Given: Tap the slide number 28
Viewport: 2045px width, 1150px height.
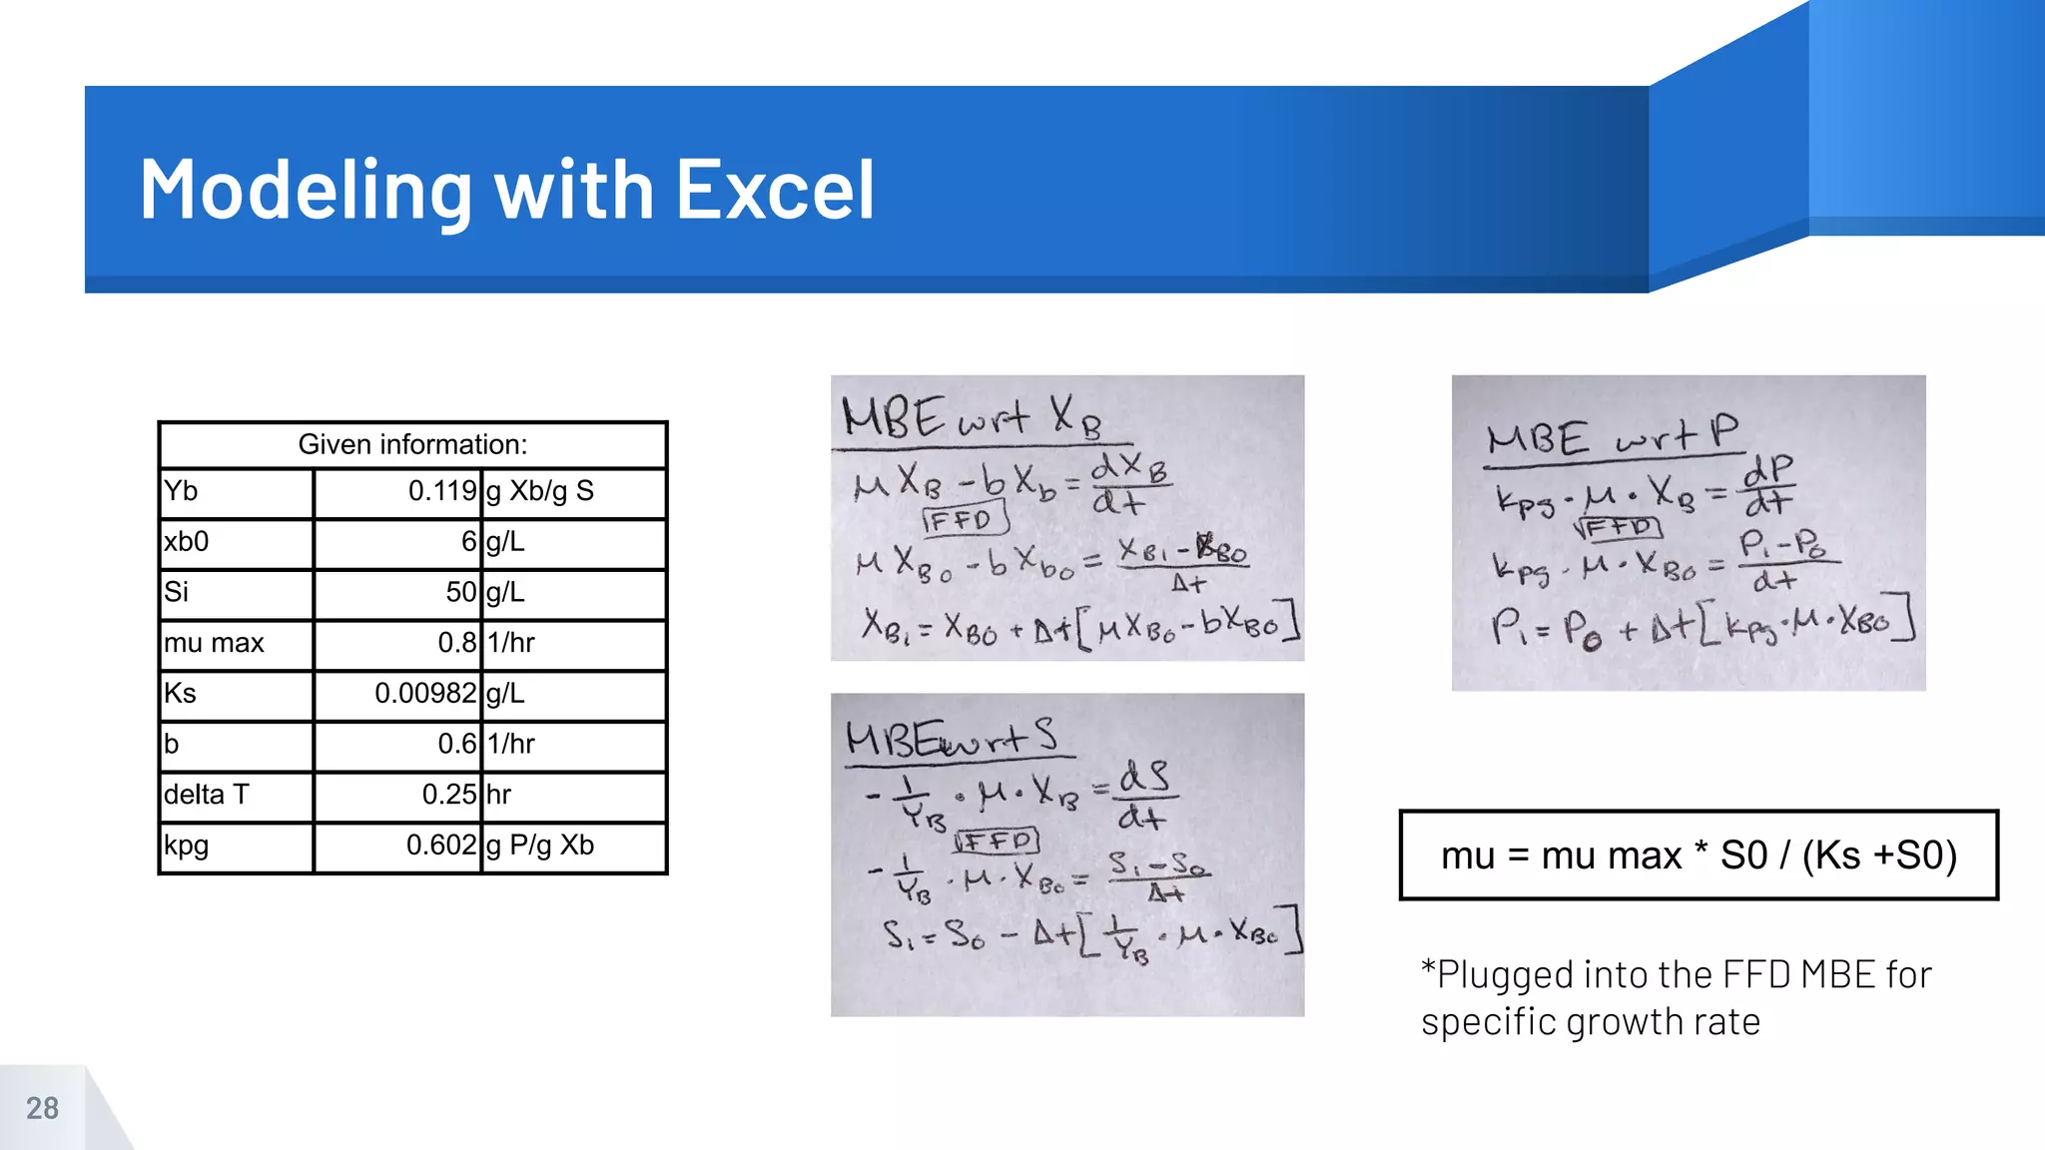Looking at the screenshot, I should pos(42,1108).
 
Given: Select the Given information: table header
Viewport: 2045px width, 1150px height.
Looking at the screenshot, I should pos(412,444).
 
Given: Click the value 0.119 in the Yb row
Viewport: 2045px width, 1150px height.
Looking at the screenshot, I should pos(441,491).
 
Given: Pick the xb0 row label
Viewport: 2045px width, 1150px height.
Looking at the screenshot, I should pos(187,542).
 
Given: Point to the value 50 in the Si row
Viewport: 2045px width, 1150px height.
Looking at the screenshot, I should pos(460,592).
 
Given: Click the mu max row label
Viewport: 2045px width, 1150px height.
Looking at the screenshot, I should pos(214,643).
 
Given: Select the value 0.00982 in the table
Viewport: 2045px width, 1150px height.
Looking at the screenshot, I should pos(425,693).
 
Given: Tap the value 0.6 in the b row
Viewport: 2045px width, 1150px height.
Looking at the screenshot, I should pos(456,744).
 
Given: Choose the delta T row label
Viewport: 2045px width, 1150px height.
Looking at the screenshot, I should pos(206,795).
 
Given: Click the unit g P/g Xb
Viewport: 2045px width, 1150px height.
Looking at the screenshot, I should pos(540,846).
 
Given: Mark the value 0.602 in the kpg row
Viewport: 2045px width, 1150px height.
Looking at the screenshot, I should pos(440,846).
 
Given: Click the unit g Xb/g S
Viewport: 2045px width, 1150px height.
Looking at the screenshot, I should pos(540,491).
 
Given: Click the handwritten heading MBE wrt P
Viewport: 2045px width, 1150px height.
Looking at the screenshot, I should pos(1612,437).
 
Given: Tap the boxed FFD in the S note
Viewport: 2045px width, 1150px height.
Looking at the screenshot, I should pos(998,842).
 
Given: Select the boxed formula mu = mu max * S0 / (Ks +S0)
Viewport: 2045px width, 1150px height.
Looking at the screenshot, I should pos(1699,856).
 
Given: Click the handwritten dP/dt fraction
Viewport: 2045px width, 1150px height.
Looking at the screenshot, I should pos(1768,485).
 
